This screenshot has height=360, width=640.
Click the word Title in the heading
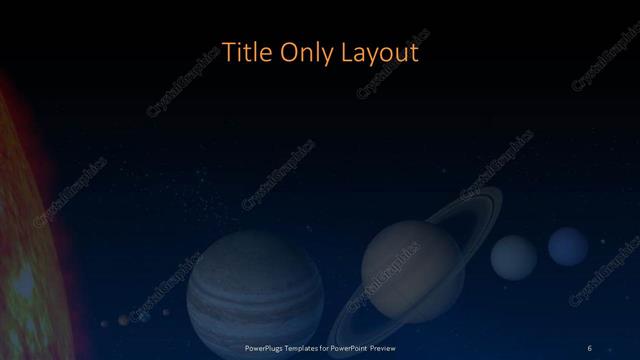point(244,52)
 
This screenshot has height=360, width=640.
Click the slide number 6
point(589,347)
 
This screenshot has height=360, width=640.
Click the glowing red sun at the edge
point(25,230)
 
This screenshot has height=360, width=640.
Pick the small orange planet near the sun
point(123,320)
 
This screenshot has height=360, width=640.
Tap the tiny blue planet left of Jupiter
point(145,318)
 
